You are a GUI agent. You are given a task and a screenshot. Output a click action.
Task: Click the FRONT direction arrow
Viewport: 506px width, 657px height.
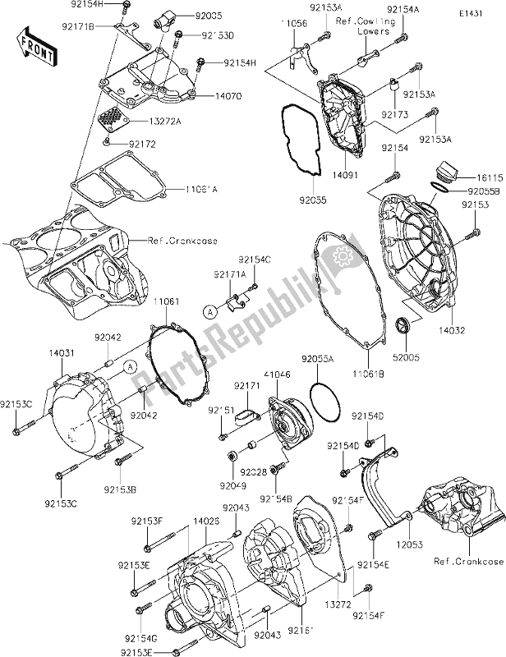pyautogui.click(x=37, y=45)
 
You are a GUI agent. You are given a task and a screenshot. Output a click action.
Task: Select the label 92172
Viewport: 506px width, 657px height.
pyautogui.click(x=143, y=145)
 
